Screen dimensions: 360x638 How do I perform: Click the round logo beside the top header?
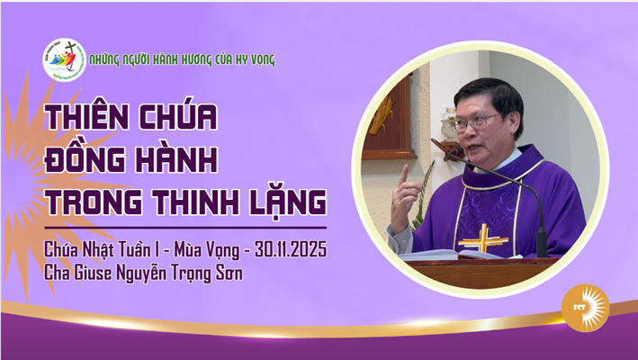pyautogui.click(x=65, y=60)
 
